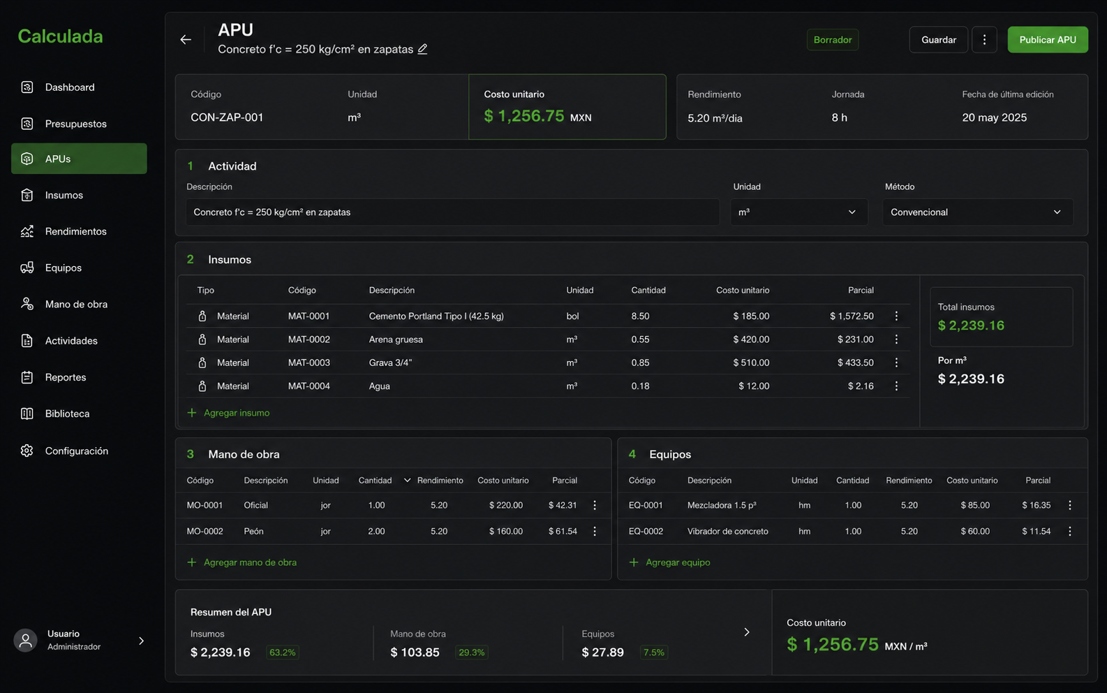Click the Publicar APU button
point(1048,40)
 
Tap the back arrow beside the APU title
point(186,40)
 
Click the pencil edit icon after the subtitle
point(422,49)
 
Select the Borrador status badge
point(832,40)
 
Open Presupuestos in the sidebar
point(75,124)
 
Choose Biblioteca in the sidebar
point(67,414)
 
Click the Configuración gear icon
point(27,451)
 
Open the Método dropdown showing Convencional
point(977,212)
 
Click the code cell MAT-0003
point(309,363)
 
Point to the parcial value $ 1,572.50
point(852,316)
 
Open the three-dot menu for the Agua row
point(896,386)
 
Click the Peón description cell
point(253,531)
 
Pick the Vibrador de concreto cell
point(727,531)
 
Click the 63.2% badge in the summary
point(282,652)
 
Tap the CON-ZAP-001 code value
point(227,117)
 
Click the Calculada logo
point(60,36)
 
